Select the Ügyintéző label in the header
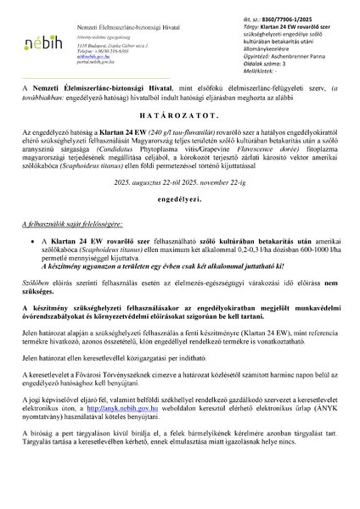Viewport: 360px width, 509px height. click(x=243, y=52)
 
